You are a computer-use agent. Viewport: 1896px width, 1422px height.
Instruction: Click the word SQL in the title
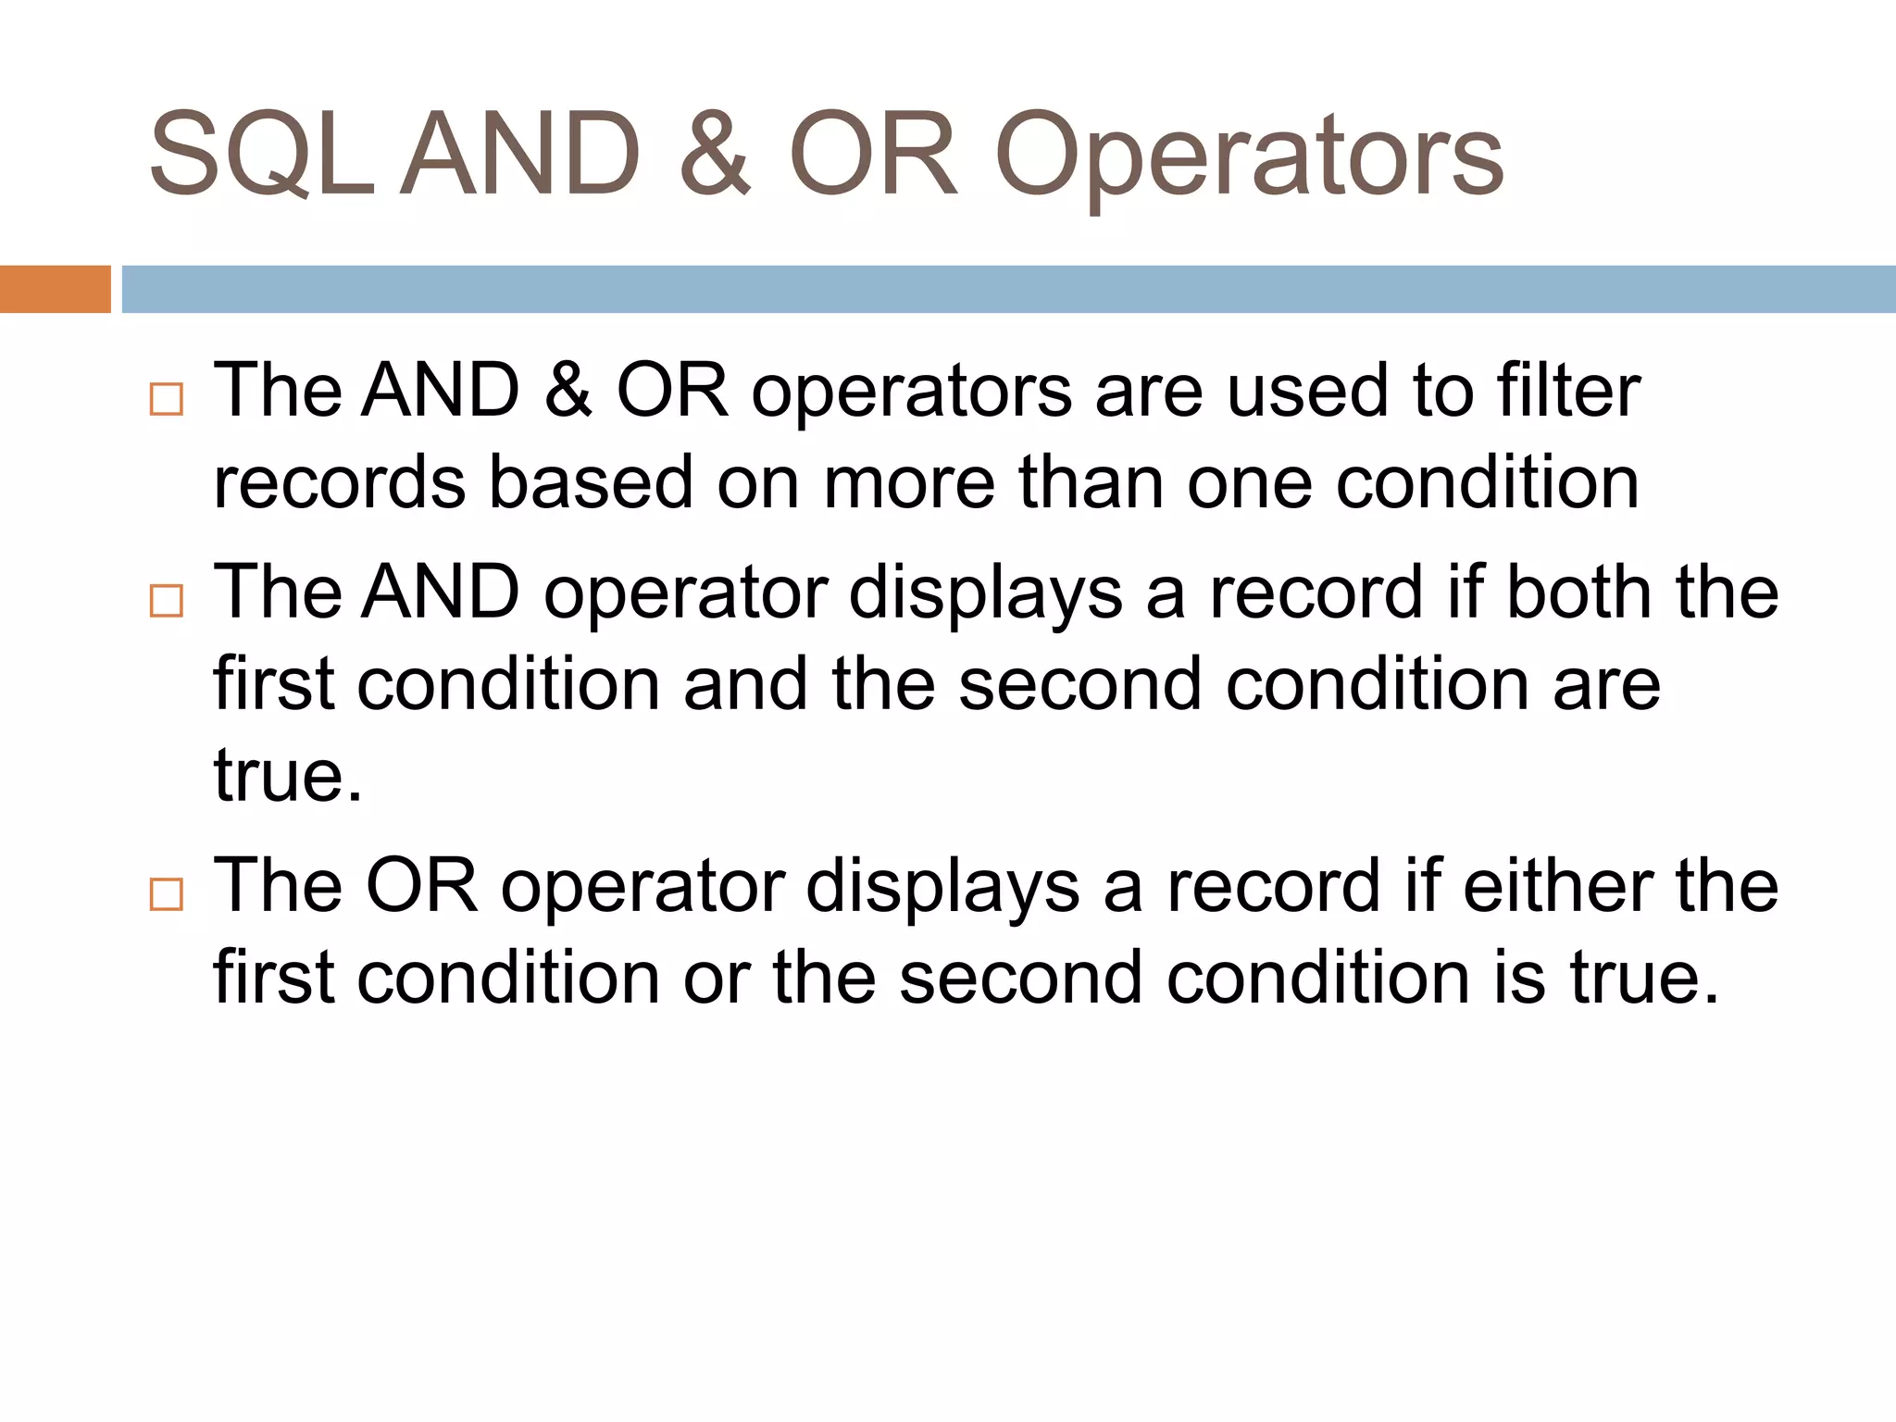tap(262, 155)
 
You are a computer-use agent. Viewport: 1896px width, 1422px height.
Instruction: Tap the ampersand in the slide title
tap(714, 155)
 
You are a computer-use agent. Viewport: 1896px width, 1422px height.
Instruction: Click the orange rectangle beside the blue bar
tap(55, 289)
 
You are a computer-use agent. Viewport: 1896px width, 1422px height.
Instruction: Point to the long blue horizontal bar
tap(1008, 289)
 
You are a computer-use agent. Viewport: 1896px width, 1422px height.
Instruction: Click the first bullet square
tap(167, 399)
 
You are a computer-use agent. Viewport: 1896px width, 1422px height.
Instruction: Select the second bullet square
tap(167, 601)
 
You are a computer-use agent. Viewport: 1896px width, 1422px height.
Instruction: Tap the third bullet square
tap(167, 894)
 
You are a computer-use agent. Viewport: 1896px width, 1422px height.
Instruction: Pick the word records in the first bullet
tap(339, 482)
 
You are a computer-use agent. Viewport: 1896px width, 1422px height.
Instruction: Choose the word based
tap(591, 482)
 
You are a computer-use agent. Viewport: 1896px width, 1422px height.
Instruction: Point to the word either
tap(1557, 886)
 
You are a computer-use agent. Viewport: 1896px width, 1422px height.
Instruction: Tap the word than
tap(1091, 482)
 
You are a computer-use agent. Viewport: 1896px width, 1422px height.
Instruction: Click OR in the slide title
tap(873, 155)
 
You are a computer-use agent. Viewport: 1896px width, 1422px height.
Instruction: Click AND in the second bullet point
tap(441, 592)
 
